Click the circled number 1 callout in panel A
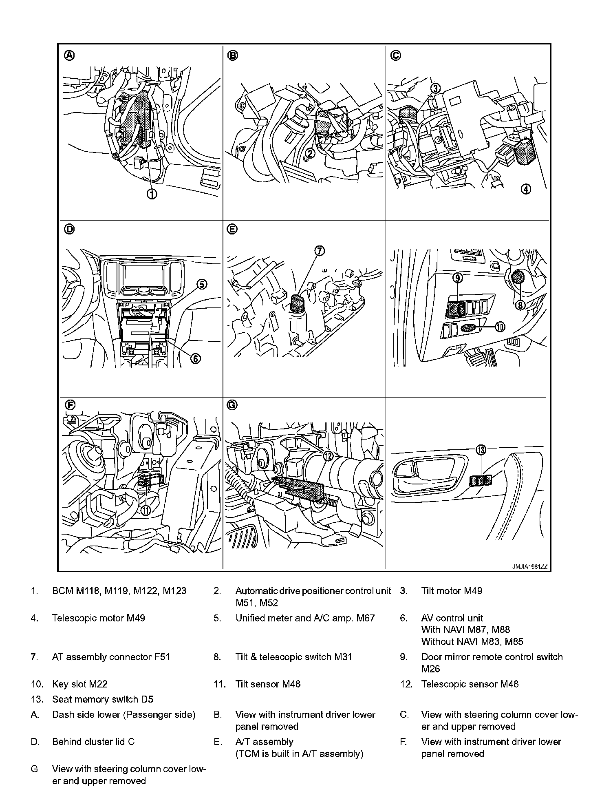click(152, 194)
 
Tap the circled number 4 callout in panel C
click(526, 189)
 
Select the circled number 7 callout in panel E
click(320, 251)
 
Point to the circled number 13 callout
click(481, 450)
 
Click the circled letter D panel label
click(70, 230)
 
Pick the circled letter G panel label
click(232, 405)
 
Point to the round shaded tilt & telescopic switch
click(518, 278)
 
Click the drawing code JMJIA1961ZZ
click(529, 567)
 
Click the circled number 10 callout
click(500, 327)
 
